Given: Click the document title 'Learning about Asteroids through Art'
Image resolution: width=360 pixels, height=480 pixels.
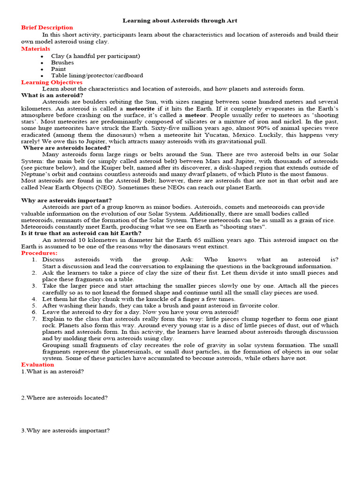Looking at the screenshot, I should (x=180, y=21).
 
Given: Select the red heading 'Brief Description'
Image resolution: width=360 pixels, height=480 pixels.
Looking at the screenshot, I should (x=47, y=28).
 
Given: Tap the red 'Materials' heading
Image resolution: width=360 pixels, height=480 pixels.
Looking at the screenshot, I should (x=36, y=49).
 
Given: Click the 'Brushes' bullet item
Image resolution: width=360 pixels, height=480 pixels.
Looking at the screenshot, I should (x=62, y=62).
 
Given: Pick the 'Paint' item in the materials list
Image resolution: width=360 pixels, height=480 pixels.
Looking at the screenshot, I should (x=59, y=69).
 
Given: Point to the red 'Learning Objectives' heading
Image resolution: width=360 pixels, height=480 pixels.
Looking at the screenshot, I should (x=52, y=82).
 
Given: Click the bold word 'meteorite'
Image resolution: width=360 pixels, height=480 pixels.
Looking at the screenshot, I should (x=140, y=108).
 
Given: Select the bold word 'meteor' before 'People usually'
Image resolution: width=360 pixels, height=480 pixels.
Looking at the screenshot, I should (x=195, y=115).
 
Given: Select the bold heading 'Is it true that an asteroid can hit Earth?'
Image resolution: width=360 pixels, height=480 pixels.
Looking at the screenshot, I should (x=81, y=233).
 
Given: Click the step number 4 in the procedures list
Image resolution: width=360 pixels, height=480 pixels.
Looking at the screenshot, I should (x=34, y=299).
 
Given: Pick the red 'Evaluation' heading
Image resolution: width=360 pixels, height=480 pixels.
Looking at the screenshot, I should (x=37, y=364).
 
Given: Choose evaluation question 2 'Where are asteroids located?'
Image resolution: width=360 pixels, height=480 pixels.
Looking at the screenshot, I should (x=65, y=397).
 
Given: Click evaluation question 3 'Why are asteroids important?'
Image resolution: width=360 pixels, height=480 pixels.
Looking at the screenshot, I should (x=66, y=430).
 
